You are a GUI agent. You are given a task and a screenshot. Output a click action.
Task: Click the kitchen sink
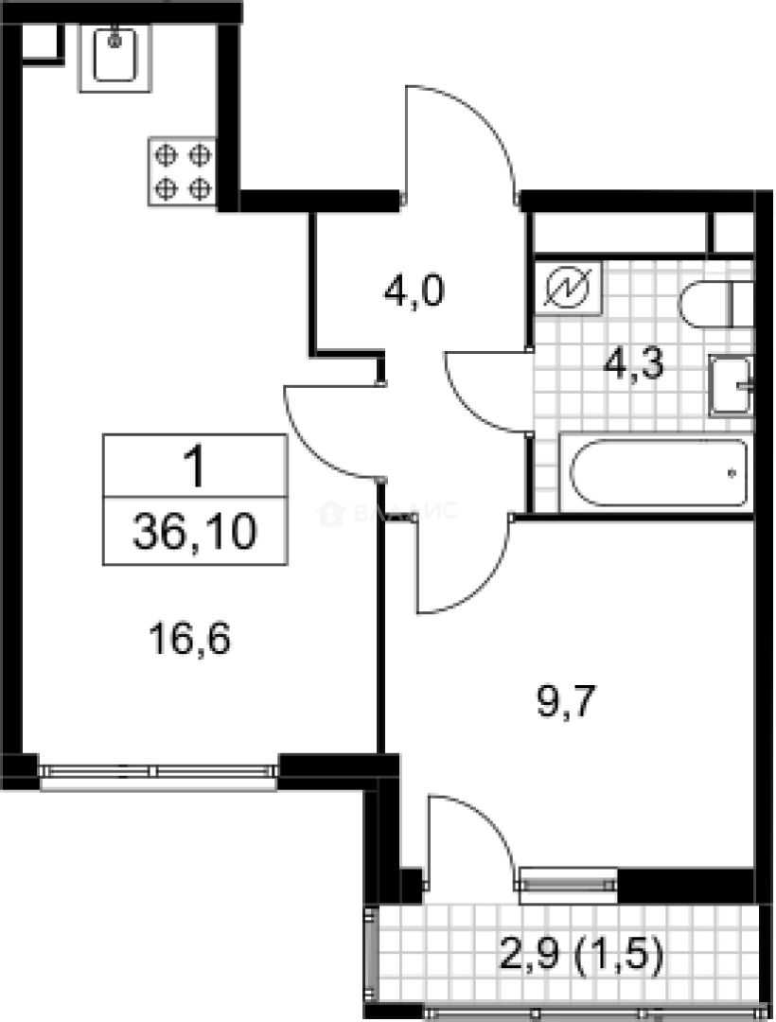click(115, 57)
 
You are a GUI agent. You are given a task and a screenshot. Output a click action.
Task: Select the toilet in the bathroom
click(715, 304)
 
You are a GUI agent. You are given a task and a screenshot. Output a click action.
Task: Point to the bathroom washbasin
click(732, 385)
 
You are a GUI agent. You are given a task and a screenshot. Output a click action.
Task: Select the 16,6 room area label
click(191, 640)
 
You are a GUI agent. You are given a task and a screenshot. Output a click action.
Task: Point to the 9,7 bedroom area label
click(565, 702)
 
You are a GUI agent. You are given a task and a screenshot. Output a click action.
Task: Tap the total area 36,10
click(194, 534)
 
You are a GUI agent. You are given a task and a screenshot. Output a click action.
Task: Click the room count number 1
click(194, 467)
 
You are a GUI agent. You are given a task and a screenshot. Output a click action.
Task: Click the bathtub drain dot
click(732, 470)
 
